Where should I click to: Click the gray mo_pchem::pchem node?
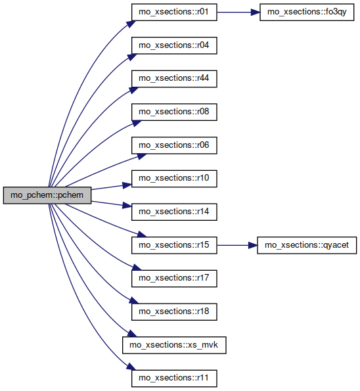(47, 195)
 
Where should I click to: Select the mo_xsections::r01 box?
(174, 12)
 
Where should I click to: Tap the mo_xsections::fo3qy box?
(307, 12)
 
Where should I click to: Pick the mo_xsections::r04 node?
(174, 45)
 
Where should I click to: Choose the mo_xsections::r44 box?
(174, 79)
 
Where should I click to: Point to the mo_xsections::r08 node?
(174, 112)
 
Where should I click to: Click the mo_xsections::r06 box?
(174, 145)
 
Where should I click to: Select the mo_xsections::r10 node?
(174, 179)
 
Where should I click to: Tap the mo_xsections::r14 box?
(174, 212)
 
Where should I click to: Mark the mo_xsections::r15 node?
(174, 245)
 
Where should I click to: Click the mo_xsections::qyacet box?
(307, 245)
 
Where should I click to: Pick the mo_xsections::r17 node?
(174, 279)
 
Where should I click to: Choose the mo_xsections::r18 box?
(174, 312)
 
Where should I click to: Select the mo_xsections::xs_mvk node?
(174, 345)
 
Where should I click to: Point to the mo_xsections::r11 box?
(174, 379)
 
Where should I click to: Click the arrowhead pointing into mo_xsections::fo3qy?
(255, 12)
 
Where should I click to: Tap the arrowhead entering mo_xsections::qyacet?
(252, 245)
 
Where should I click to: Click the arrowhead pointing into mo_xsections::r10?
(127, 185)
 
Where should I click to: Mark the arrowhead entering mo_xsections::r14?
(127, 206)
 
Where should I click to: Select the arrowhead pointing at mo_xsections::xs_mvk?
(132, 333)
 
